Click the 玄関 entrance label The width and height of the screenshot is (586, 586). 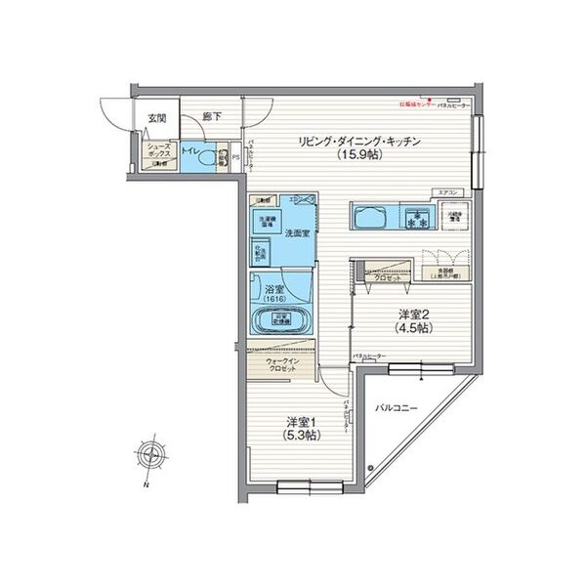click(156, 118)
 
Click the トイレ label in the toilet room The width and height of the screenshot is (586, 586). click(191, 152)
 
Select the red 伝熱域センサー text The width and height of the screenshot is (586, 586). click(415, 102)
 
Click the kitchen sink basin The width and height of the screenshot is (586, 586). click(371, 216)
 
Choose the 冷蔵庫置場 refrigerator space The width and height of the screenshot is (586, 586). click(451, 217)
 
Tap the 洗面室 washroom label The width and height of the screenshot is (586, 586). click(297, 233)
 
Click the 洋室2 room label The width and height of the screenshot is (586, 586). click(411, 314)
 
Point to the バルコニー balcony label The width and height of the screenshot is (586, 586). click(398, 406)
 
